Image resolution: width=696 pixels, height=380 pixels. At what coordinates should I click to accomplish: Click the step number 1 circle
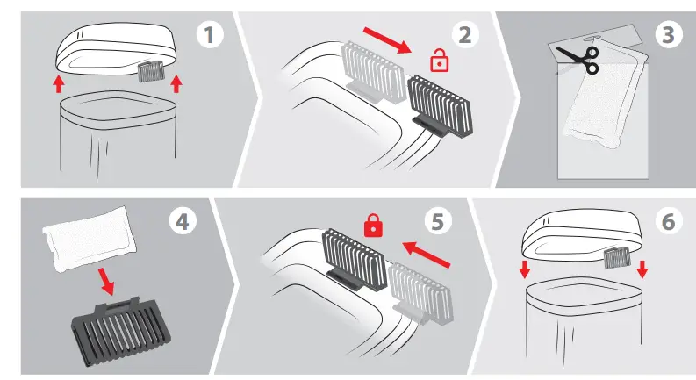210,35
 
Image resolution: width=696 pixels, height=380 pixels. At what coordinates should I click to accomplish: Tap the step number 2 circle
465,35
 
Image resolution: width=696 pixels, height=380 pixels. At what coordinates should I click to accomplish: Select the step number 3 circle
669,35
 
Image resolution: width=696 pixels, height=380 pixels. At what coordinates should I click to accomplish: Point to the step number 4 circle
183,221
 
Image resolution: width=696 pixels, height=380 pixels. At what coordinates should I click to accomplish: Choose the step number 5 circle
438,221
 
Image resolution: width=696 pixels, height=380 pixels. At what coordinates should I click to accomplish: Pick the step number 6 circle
669,221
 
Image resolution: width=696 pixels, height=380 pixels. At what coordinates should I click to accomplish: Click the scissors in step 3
578,60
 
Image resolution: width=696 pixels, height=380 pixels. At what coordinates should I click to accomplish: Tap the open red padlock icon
440,61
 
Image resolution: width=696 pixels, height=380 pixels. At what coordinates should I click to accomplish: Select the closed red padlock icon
373,225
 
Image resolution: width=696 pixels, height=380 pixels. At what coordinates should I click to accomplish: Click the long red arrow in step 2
388,40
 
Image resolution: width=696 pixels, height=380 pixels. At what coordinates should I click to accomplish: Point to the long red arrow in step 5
427,255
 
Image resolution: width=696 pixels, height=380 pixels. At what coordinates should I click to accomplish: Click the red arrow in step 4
106,282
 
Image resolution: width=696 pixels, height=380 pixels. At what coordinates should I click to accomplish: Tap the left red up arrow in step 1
58,84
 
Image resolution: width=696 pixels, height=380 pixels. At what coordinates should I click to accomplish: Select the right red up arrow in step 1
176,84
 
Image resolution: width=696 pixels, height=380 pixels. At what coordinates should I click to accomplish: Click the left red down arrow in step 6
525,269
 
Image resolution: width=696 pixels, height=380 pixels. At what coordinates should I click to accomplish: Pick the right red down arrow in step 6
642,269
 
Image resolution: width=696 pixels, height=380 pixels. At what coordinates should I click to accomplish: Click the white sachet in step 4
89,239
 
